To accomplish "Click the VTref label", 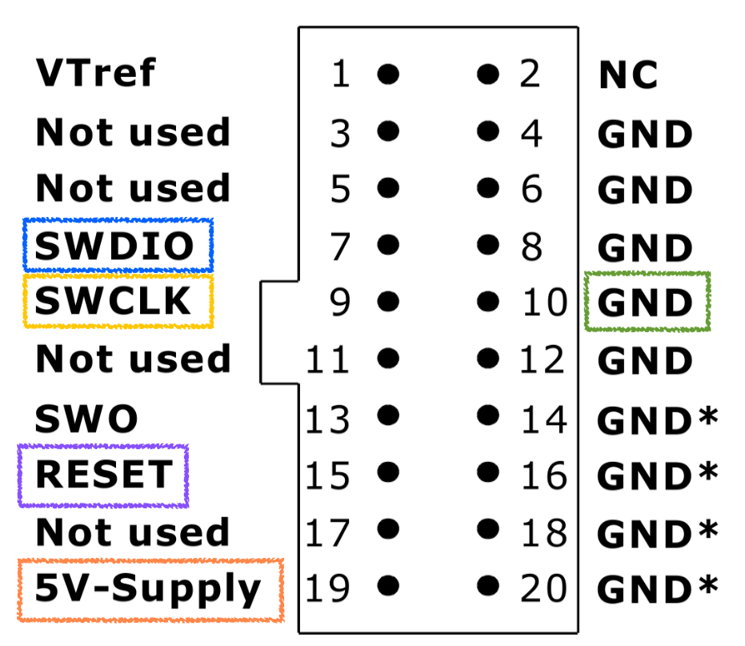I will (95, 74).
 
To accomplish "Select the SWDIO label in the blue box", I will (117, 245).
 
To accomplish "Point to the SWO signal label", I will (86, 418).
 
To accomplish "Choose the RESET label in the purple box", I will (102, 475).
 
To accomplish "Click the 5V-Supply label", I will (149, 590).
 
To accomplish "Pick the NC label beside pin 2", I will (628, 75).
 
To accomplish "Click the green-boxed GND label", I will (646, 303).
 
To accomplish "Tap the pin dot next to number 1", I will (388, 74).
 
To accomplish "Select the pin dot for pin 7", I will (388, 244).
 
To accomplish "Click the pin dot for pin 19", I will (388, 587).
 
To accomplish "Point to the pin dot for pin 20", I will (486, 587).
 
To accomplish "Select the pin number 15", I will (328, 475).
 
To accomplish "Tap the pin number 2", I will (530, 74).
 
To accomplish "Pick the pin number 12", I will (543, 359).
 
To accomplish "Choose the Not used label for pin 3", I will (133, 132).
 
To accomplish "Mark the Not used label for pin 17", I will (133, 532).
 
